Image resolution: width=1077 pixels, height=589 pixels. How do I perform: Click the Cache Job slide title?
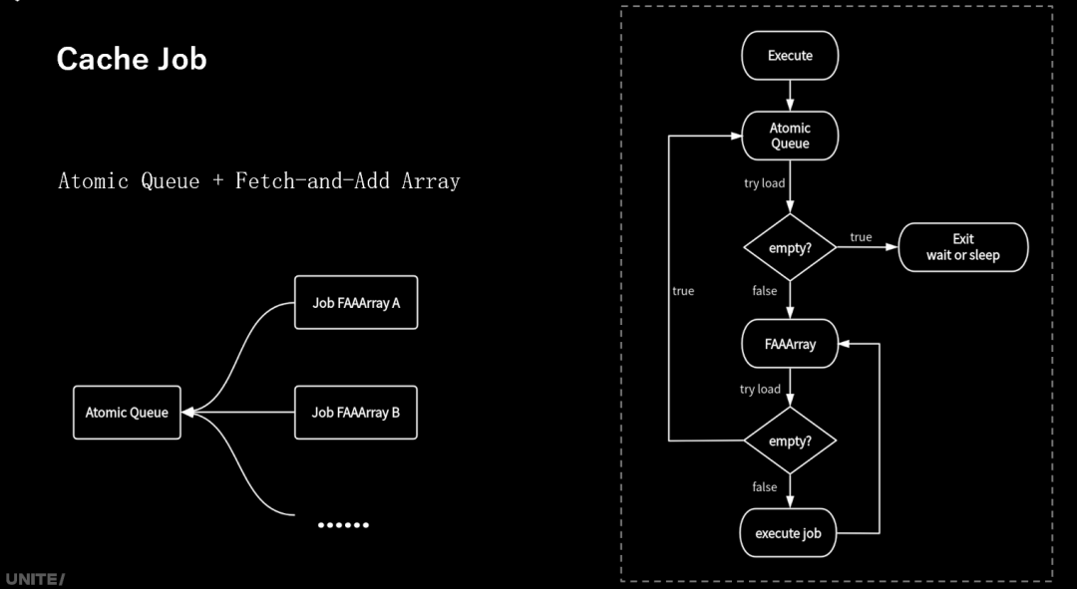[x=132, y=59]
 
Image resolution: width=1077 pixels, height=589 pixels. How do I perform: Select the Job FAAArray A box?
[x=356, y=302]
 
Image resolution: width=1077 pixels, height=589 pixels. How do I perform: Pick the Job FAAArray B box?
[x=356, y=412]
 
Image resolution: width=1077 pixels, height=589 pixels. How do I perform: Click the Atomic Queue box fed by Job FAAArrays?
[x=127, y=413]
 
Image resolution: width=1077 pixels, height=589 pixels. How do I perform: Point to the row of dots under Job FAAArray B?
[x=343, y=524]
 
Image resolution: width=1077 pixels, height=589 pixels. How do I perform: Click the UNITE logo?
[x=34, y=579]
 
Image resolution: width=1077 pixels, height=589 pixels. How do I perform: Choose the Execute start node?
[x=790, y=56]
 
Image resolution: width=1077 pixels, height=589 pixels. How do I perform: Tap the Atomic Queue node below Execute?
[x=790, y=136]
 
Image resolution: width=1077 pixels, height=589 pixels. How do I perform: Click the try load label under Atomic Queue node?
[x=764, y=183]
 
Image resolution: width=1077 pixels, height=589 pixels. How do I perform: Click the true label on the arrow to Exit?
[x=861, y=237]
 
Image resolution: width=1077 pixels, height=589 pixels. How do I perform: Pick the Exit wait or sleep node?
[x=962, y=247]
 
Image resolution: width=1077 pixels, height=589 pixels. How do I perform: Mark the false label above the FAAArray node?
[x=765, y=290]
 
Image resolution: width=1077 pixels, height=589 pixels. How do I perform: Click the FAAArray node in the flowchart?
[x=790, y=344]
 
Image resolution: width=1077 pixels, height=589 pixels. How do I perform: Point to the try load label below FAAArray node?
[x=760, y=389]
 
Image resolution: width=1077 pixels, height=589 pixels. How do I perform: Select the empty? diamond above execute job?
[x=790, y=441]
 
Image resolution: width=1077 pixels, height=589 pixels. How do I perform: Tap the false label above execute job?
[x=765, y=487]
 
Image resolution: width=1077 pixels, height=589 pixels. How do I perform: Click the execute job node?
[x=788, y=533]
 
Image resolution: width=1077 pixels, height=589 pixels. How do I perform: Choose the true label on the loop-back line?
[x=683, y=291]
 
